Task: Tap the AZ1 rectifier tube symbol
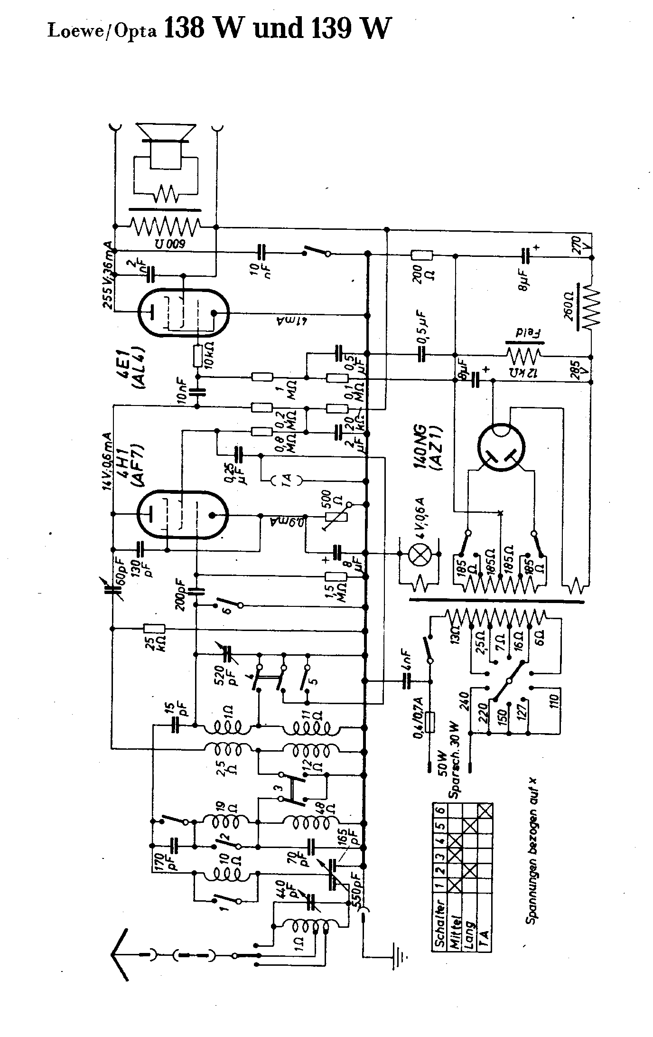click(501, 448)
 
